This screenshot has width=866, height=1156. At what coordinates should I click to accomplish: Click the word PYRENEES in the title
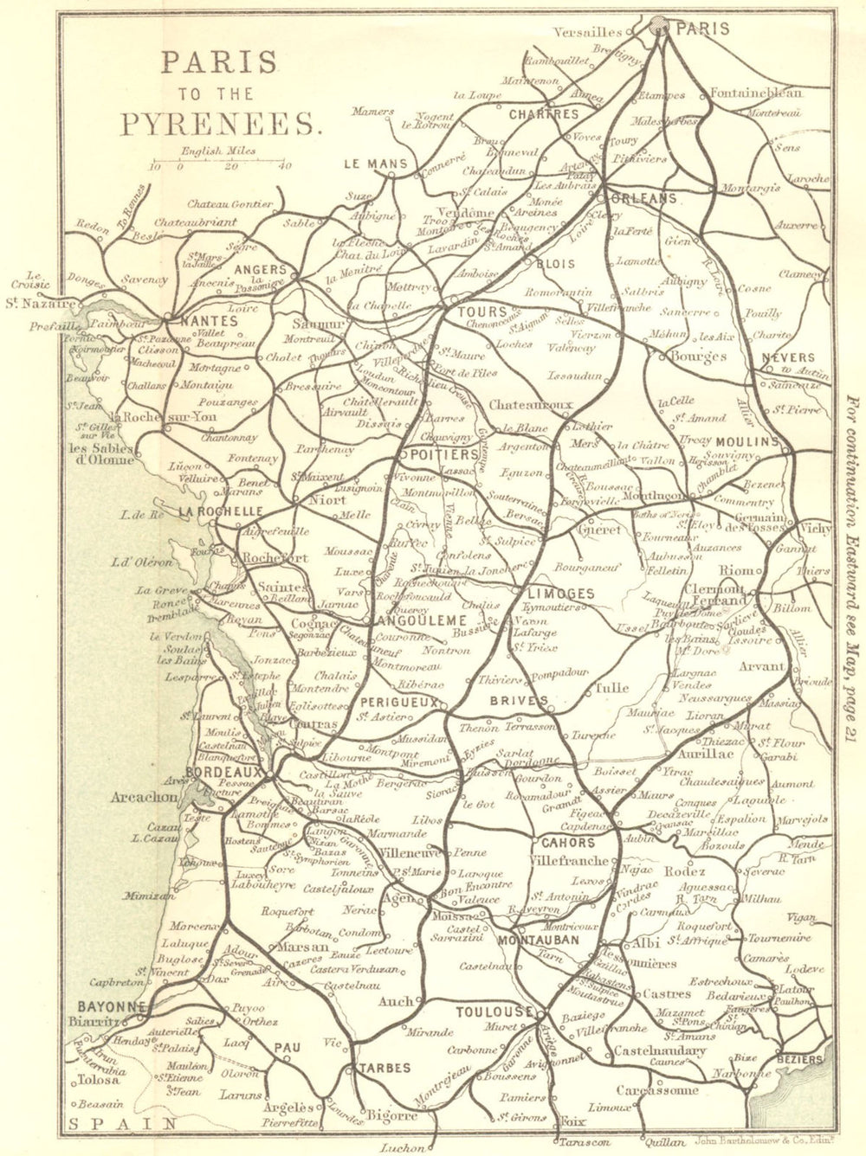pyautogui.click(x=221, y=124)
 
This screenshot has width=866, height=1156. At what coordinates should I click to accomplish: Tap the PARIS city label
pyautogui.click(x=702, y=28)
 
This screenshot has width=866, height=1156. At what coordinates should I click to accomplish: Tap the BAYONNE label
pyautogui.click(x=110, y=1007)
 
